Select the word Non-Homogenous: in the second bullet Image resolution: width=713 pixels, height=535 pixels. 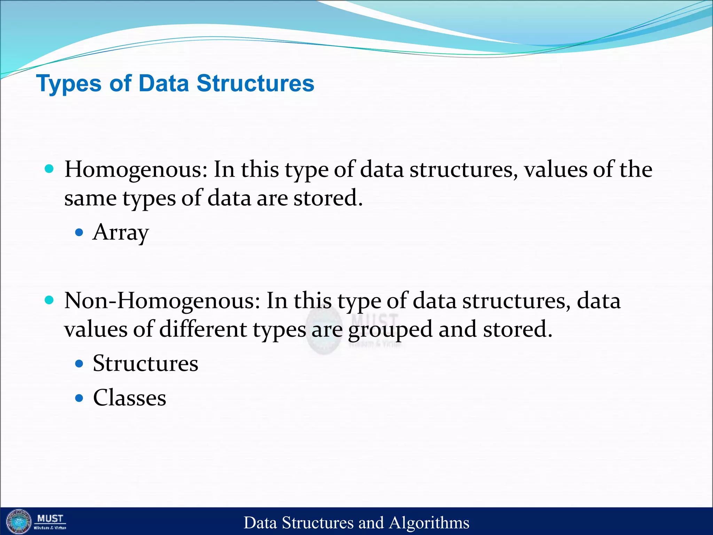tap(162, 301)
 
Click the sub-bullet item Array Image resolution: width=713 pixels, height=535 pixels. tap(120, 232)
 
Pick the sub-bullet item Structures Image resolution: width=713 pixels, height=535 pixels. tap(146, 364)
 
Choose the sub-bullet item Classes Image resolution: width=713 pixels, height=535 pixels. tap(130, 398)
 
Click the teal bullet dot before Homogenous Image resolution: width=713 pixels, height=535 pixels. tap(49, 169)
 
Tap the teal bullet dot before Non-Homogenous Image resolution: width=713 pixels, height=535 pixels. tap(49, 300)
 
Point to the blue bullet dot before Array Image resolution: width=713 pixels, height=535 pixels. tap(79, 232)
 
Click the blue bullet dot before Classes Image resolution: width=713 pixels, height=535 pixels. tap(79, 398)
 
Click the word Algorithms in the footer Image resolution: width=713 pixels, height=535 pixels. tap(429, 523)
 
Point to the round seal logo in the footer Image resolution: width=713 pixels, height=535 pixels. tap(19, 521)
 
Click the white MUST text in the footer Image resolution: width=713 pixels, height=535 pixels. tap(50, 519)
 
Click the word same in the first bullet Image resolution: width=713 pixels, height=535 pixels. tap(90, 199)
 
